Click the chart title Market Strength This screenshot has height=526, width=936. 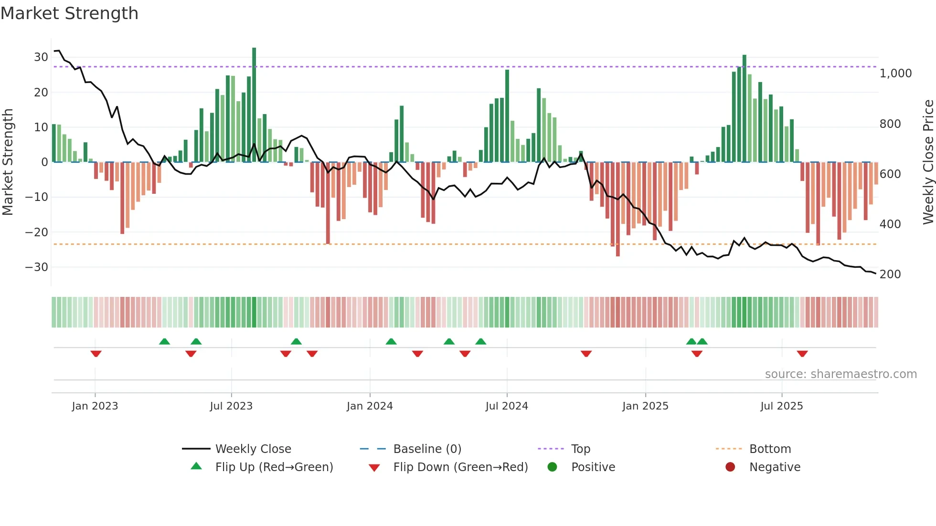click(69, 13)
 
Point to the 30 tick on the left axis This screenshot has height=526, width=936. click(41, 57)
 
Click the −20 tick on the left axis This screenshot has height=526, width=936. click(37, 232)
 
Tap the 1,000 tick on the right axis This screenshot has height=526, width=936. click(895, 74)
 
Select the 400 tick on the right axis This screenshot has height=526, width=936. click(890, 224)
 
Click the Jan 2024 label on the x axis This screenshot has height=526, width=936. click(370, 406)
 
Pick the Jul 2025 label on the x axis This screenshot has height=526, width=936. click(781, 406)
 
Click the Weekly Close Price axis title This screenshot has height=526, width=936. click(928, 162)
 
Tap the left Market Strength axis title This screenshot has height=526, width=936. click(8, 162)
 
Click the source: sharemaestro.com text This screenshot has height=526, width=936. click(840, 374)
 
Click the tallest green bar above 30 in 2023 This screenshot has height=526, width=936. click(254, 105)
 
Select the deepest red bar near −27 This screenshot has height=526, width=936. click(617, 210)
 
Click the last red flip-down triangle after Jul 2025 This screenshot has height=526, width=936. click(802, 354)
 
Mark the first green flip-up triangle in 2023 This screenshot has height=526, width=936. click(164, 341)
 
